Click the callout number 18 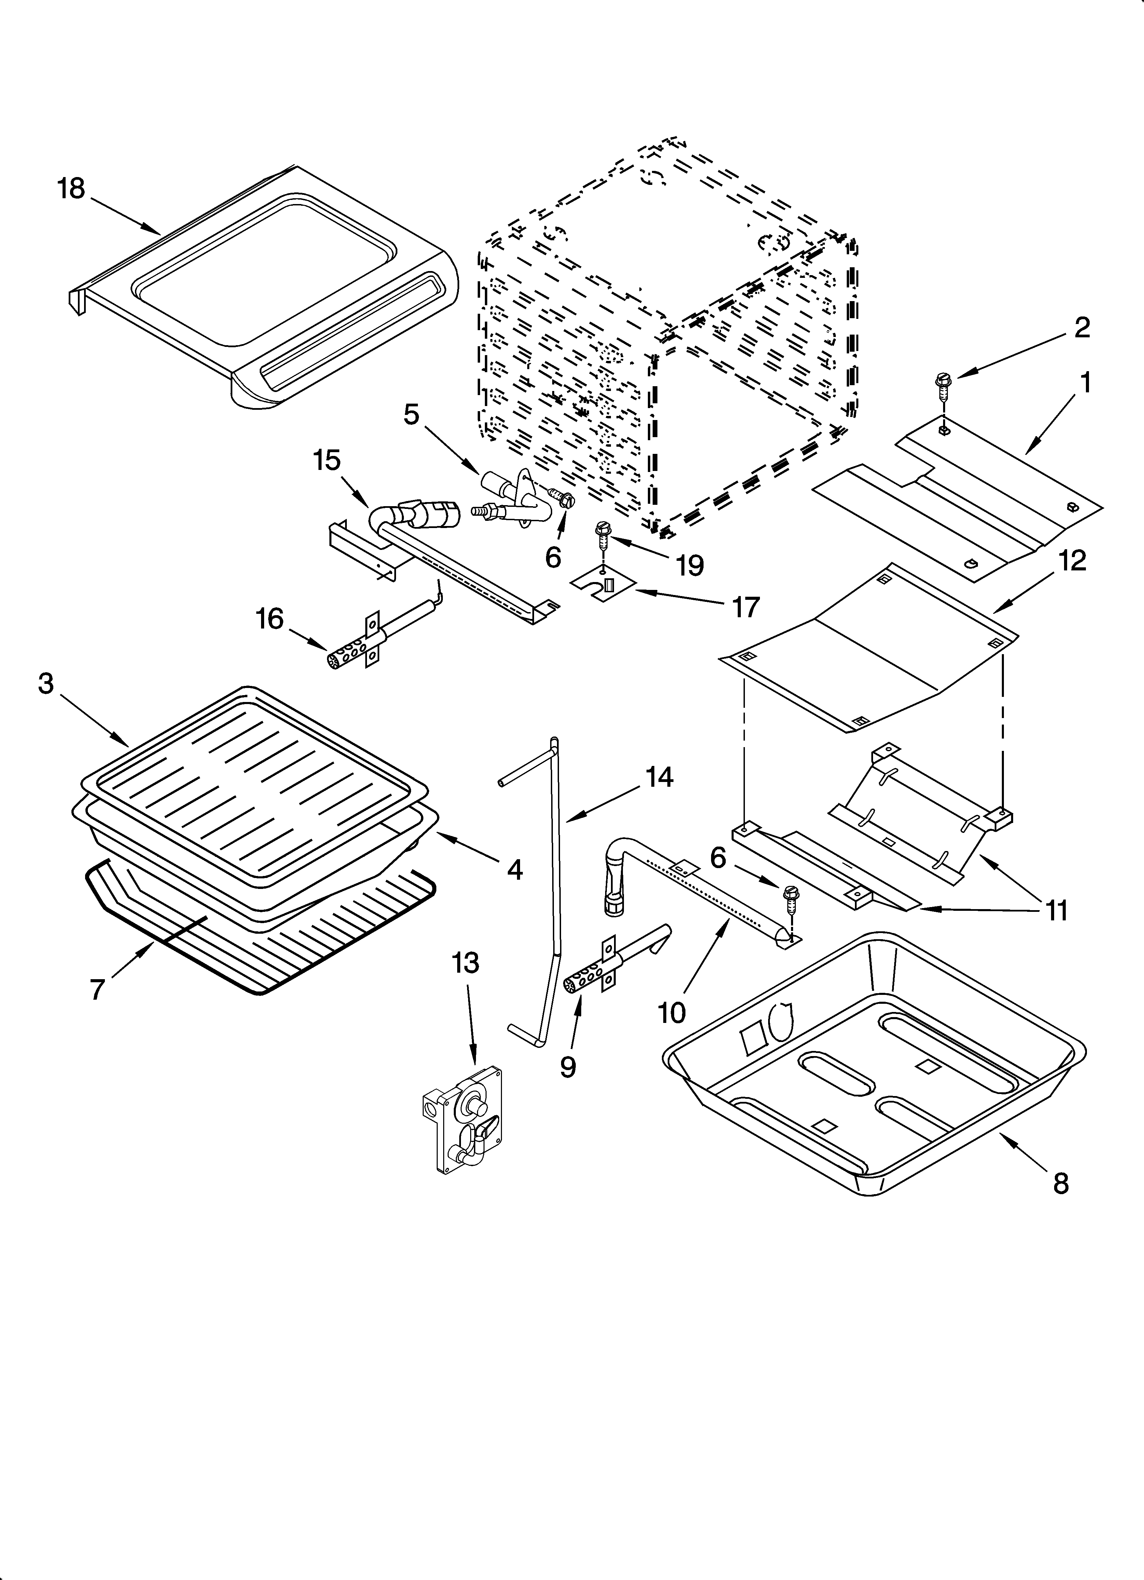(x=71, y=189)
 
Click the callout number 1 (x=1085, y=382)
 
